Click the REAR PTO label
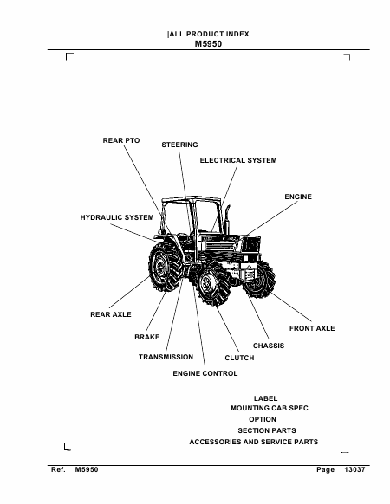(x=121, y=140)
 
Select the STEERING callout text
(x=179, y=145)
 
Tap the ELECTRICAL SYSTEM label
(x=238, y=160)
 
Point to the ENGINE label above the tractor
(x=298, y=197)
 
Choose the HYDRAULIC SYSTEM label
(x=117, y=217)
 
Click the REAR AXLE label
(x=111, y=314)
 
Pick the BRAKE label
(x=147, y=337)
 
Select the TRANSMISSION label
(x=166, y=357)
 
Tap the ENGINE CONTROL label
(x=205, y=373)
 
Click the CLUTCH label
(x=239, y=358)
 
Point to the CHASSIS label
(x=269, y=346)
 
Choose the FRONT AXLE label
(x=312, y=328)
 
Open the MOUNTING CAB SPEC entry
(x=270, y=408)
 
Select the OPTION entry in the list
(x=263, y=419)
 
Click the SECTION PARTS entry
(x=267, y=430)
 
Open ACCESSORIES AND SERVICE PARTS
(x=254, y=442)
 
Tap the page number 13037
(x=354, y=470)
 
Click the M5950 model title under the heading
(x=208, y=44)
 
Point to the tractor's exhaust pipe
(x=227, y=220)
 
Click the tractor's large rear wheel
(x=165, y=266)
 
